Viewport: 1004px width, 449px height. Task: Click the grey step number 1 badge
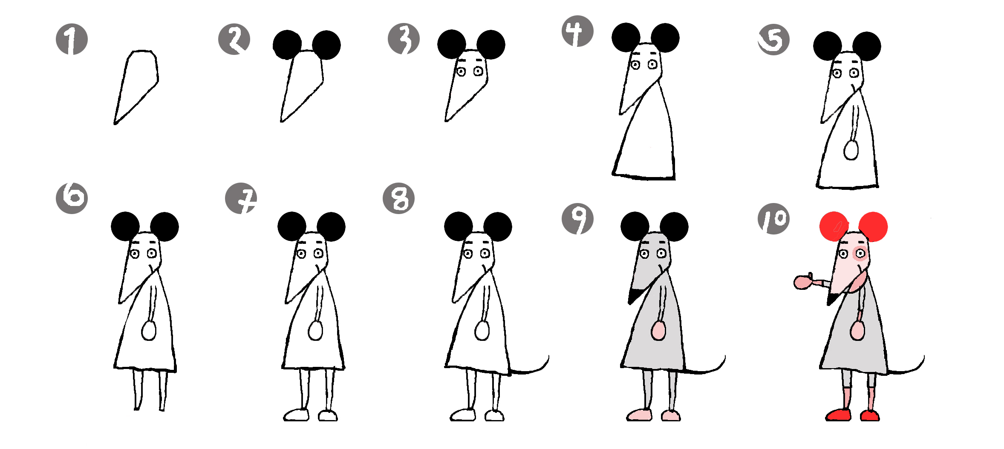[72, 40]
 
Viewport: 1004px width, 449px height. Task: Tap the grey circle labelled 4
[577, 31]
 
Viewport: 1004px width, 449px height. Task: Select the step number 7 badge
[241, 198]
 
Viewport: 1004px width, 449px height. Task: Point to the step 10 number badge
[773, 219]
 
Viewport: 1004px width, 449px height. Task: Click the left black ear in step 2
[287, 45]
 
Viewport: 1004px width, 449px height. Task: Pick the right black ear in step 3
[491, 44]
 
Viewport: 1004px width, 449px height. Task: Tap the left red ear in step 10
[834, 226]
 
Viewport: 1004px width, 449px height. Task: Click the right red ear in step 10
[873, 227]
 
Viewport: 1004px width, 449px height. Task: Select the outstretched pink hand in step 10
[803, 282]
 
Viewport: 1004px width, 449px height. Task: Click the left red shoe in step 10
[838, 415]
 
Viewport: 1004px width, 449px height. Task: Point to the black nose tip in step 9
[634, 296]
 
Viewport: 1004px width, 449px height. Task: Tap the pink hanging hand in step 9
[658, 330]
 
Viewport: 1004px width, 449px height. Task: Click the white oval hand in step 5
[851, 150]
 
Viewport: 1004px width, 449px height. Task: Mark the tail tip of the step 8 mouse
[548, 356]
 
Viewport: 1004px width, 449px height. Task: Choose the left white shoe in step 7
[297, 415]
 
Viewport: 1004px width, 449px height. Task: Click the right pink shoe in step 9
[671, 415]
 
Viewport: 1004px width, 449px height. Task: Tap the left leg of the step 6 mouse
[137, 390]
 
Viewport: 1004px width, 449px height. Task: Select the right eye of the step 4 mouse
[653, 65]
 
